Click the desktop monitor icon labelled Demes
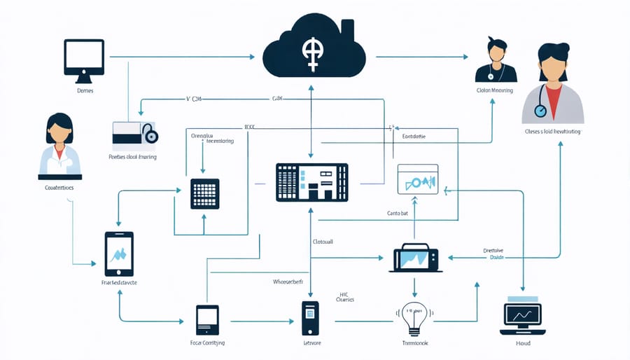pos(84,57)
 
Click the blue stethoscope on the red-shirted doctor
pos(540,111)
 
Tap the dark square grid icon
pos(204,193)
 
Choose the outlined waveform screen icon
pos(417,179)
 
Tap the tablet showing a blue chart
pos(119,254)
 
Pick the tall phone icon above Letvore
pos(310,318)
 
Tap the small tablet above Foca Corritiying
pos(207,320)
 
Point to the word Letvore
pos(311,343)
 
